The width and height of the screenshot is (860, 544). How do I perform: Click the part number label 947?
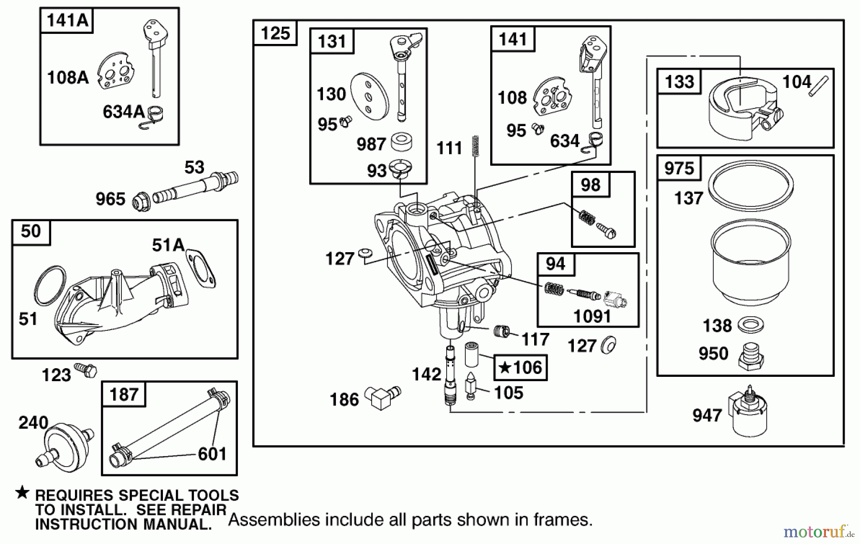coord(707,416)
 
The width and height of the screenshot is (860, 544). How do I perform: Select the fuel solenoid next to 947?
coord(749,414)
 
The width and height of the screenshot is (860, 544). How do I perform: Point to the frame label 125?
coord(275,33)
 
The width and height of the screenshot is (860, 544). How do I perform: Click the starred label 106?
coord(520,367)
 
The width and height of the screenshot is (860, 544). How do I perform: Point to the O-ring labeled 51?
coord(50,286)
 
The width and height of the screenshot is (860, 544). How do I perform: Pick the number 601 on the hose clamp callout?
coord(212,454)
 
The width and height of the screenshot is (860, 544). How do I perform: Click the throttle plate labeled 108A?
coord(116,72)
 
